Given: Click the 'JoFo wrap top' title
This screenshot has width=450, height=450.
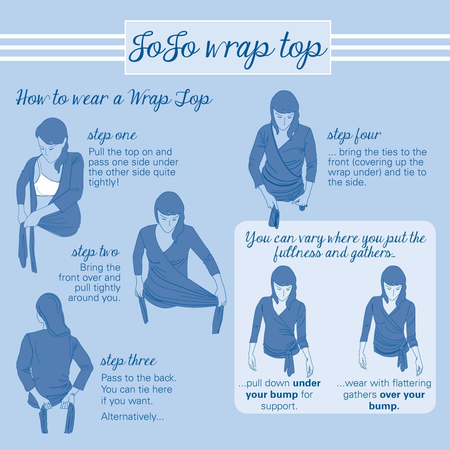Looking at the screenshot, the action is click(x=228, y=48).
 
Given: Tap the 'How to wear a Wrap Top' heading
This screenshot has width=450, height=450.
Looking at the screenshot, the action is click(x=114, y=99).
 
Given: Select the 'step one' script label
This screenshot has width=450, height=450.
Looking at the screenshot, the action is click(x=112, y=135).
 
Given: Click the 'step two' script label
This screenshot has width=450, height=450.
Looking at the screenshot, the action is click(x=95, y=252).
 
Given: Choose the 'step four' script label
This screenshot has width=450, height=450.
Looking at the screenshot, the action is click(x=354, y=135).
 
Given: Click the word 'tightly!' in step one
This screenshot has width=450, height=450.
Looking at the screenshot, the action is click(x=103, y=182).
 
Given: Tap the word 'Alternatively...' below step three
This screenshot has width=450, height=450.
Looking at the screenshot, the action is click(x=132, y=416).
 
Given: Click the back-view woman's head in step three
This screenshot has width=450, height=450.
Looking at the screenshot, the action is click(x=49, y=311).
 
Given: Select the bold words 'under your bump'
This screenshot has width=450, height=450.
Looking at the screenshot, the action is click(x=283, y=389).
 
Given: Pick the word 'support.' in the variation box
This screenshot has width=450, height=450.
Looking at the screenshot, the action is click(x=279, y=406).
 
